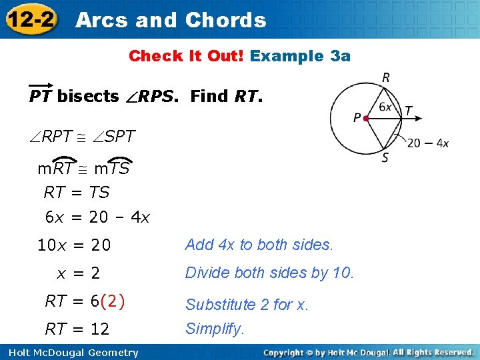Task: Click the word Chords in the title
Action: pos(225,20)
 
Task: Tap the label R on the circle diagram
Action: pos(386,78)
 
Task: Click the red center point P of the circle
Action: pos(366,119)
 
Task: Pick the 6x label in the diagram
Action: pos(385,106)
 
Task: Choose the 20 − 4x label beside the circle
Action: pos(427,143)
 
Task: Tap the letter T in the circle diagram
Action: pos(408,111)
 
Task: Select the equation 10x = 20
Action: pos(73,245)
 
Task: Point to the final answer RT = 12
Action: pos(77,329)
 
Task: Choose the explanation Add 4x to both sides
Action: pos(259,245)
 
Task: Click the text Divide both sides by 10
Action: pos(270,273)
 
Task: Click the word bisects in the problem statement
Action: pos(88,97)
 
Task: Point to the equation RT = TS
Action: pos(76,193)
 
